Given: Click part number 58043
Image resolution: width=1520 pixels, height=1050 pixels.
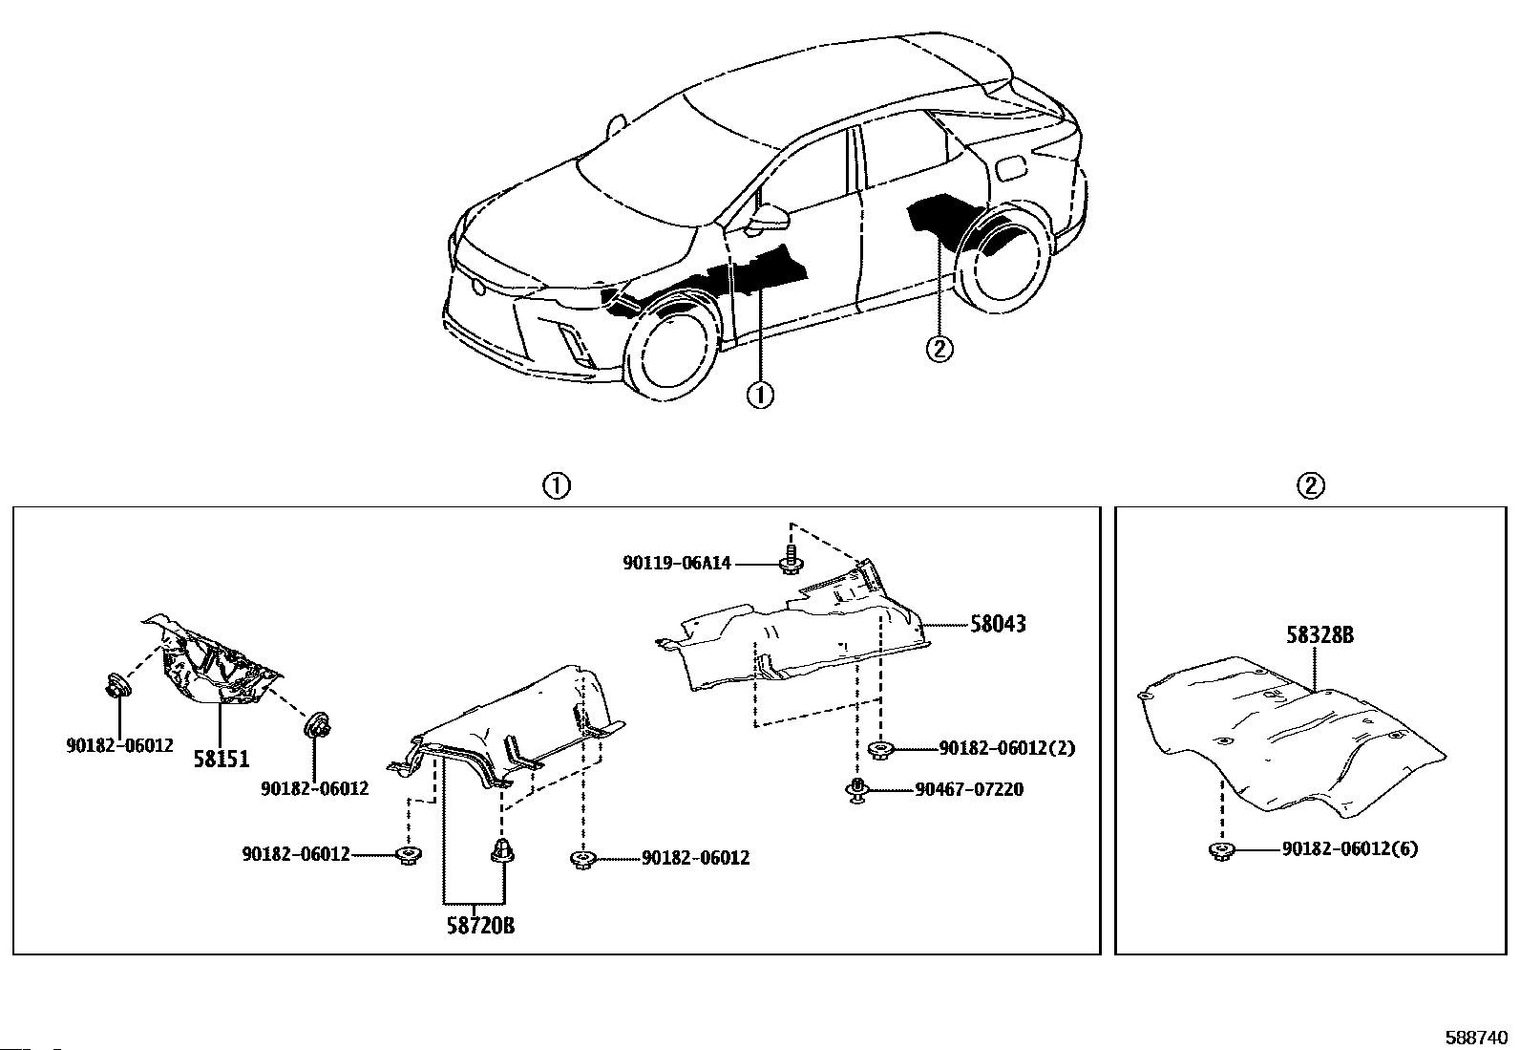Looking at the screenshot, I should tap(998, 625).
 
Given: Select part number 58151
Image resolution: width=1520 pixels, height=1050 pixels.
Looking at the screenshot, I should tap(222, 760).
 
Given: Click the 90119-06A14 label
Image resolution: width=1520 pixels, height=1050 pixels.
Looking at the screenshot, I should tap(676, 564).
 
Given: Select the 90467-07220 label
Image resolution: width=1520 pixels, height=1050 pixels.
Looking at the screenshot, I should tap(969, 790).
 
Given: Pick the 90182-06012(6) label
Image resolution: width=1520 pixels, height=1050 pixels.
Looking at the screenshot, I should tap(1349, 848).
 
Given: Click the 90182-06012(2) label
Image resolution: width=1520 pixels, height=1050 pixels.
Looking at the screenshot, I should tap(1006, 748).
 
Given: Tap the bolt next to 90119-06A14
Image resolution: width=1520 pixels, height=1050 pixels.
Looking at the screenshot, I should tap(790, 559).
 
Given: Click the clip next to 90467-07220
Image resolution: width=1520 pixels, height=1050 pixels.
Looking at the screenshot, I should tap(857, 790).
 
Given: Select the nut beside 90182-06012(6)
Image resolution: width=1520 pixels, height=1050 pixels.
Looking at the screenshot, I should tap(1219, 849).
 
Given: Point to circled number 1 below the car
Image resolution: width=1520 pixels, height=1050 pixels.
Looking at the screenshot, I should tap(760, 395).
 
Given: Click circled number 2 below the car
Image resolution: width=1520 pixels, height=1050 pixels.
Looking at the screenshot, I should tap(939, 349).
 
